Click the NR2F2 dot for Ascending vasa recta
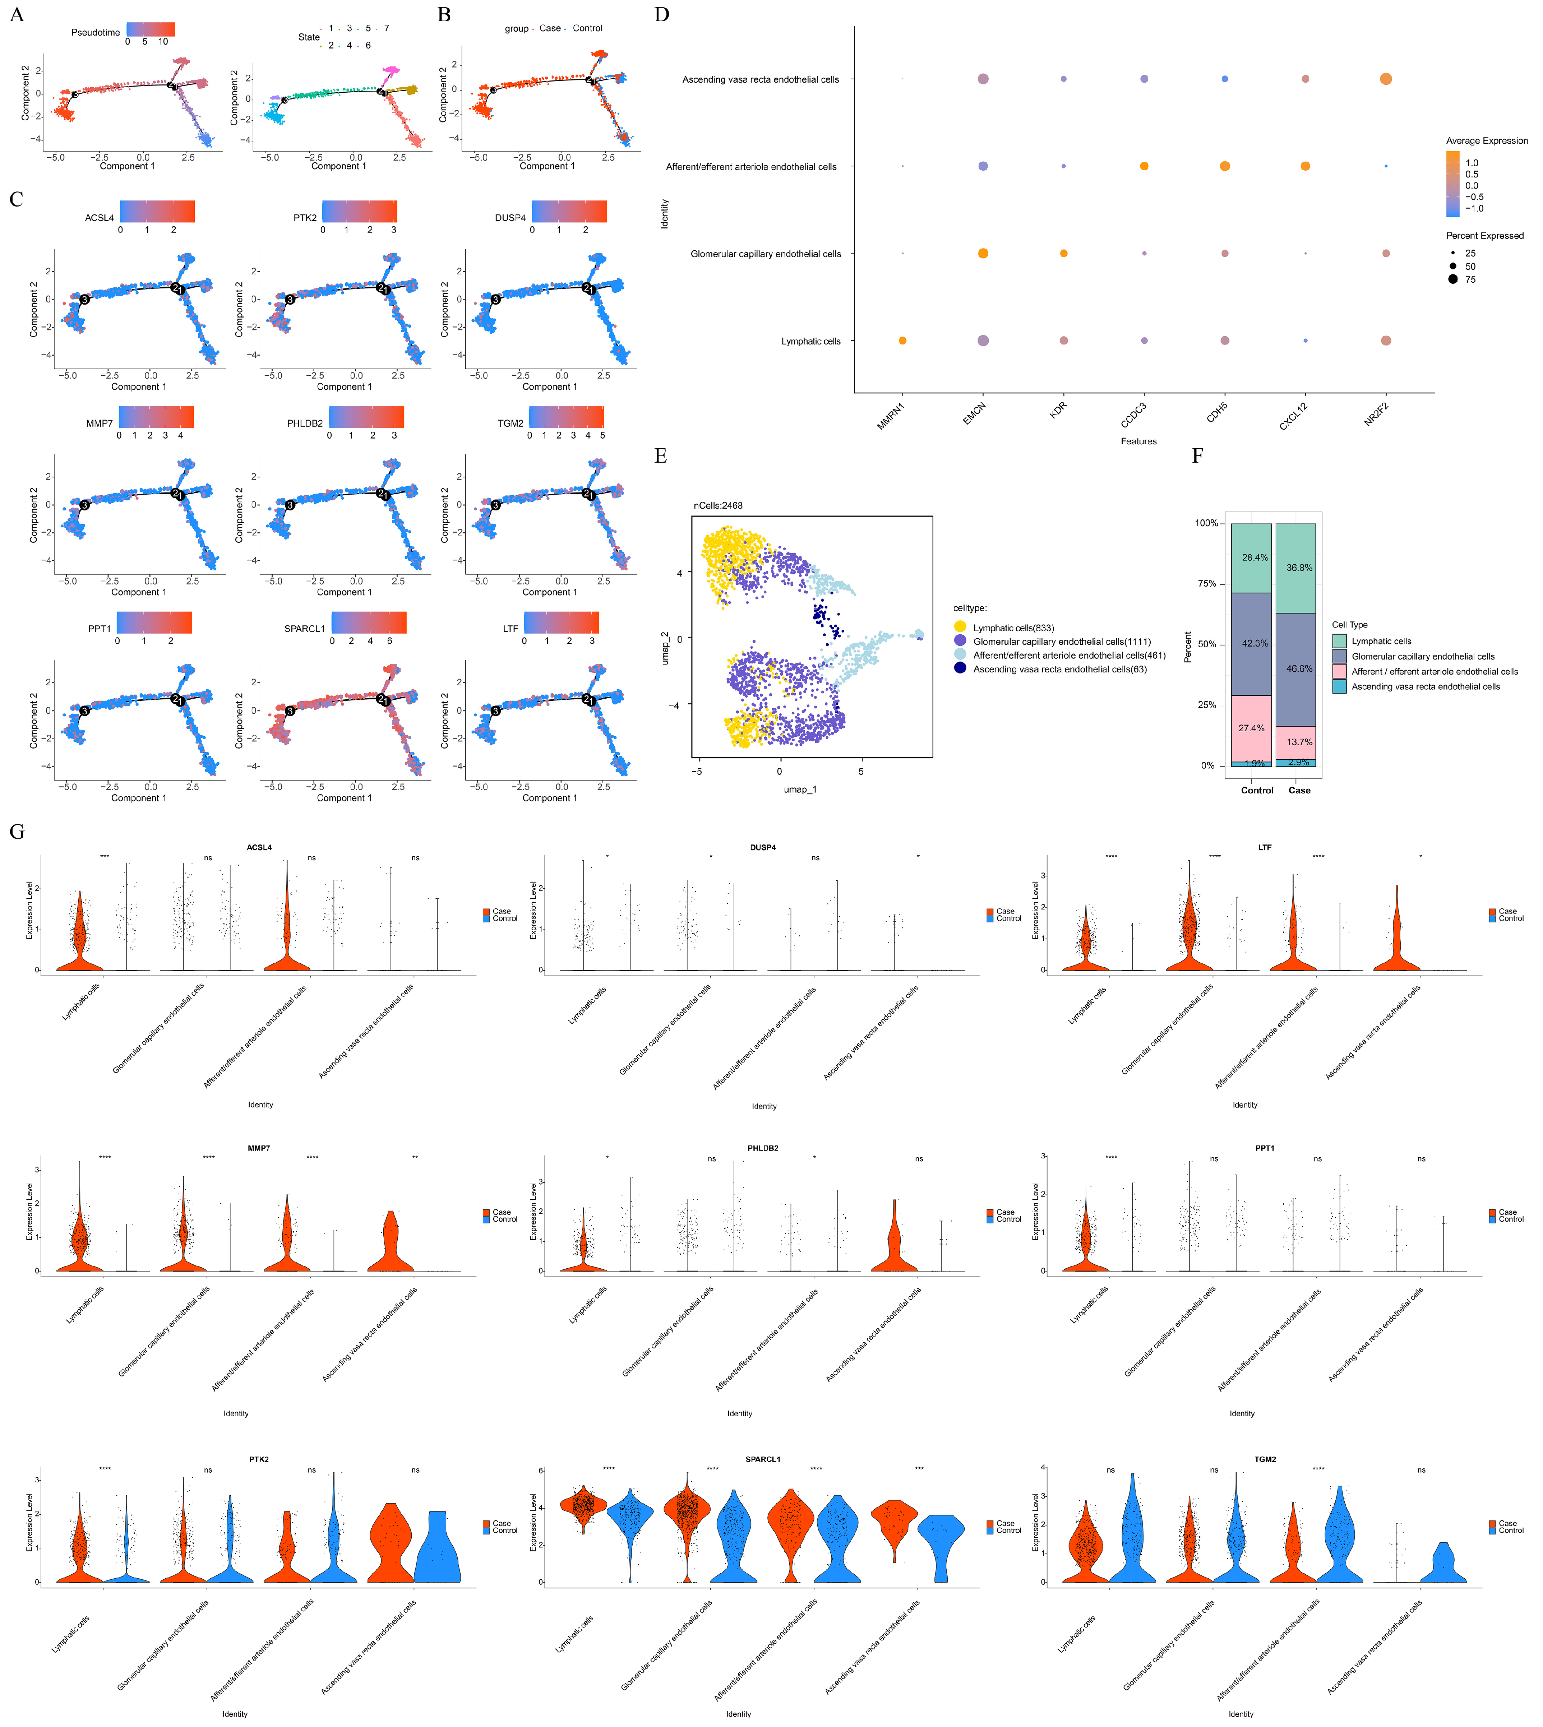tap(1385, 79)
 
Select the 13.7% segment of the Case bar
tap(1299, 742)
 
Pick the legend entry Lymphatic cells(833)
tap(1013, 628)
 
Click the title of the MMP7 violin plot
tap(259, 1148)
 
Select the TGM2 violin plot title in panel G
tap(1264, 1459)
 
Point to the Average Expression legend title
tap(1486, 141)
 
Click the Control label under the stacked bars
tap(1256, 790)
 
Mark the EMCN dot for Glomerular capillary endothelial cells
tap(983, 254)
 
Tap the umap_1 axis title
tap(799, 789)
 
